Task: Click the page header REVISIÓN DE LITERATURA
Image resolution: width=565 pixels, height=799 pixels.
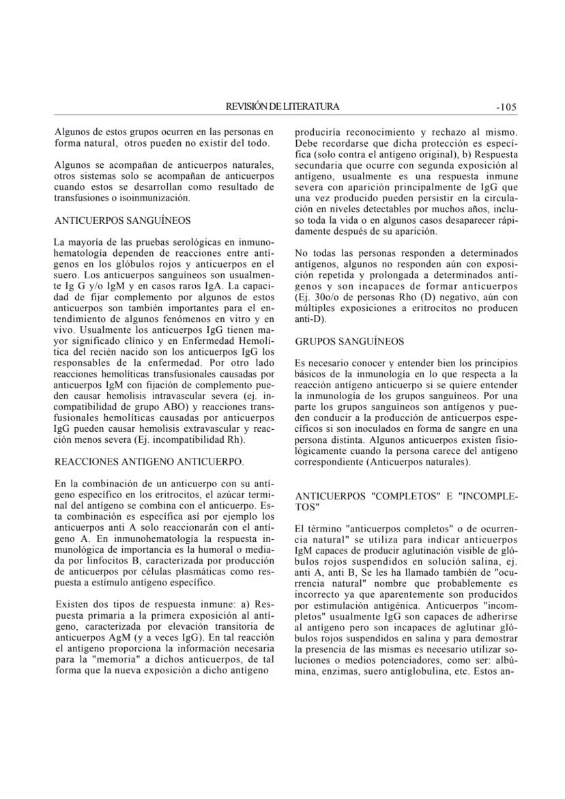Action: click(x=282, y=106)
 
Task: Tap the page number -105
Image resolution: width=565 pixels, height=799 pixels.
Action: click(x=506, y=106)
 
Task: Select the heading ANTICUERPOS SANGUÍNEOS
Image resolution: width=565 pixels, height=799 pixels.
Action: click(x=122, y=220)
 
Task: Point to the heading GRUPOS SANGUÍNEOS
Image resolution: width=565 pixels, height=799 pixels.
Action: click(x=349, y=341)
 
